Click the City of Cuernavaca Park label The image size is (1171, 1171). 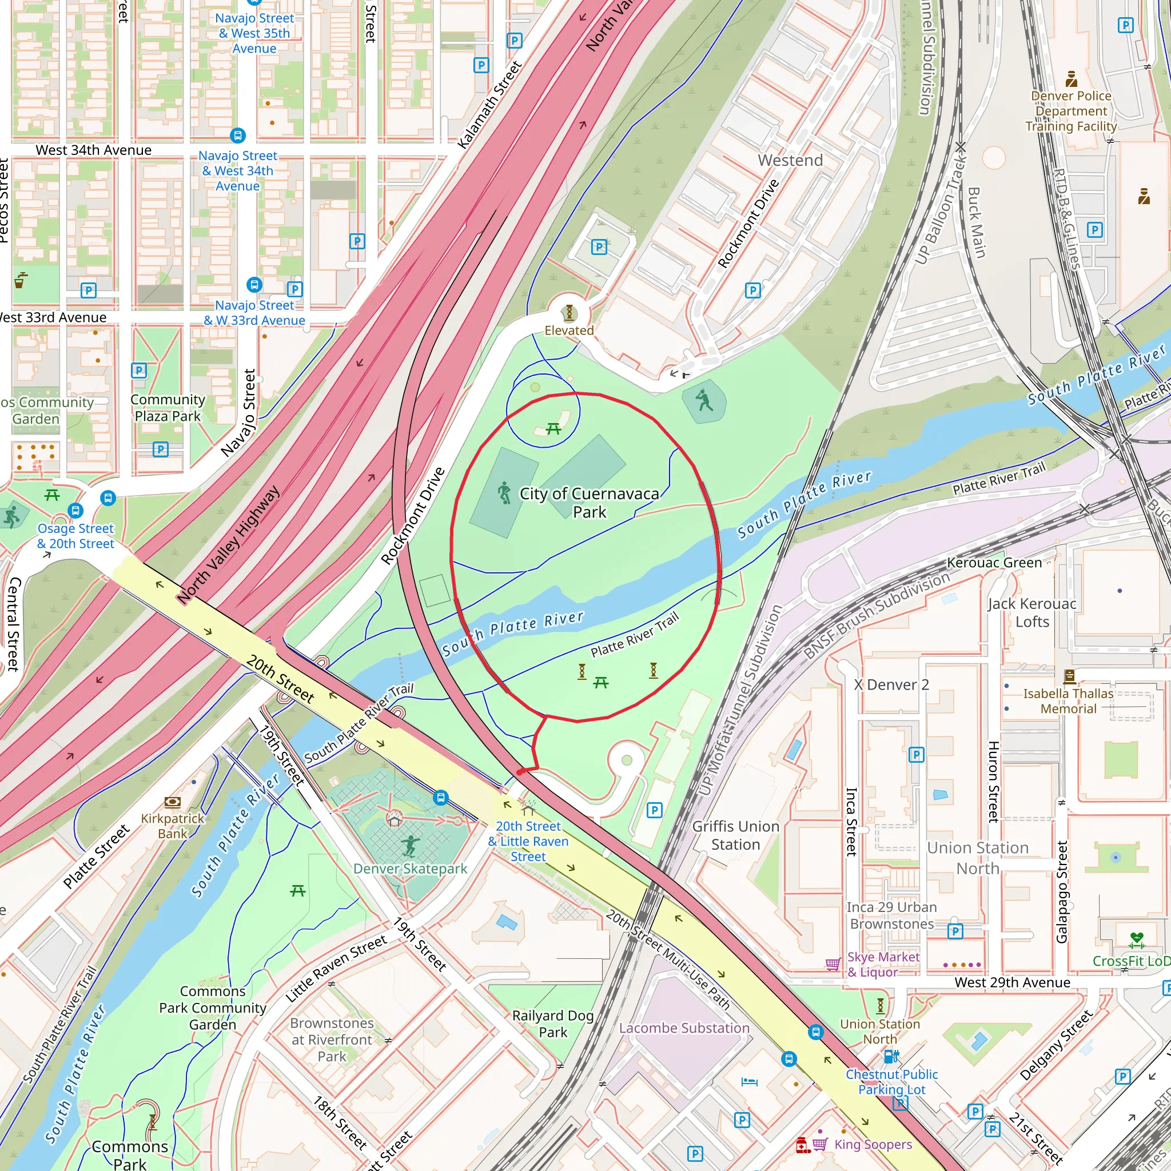coord(589,503)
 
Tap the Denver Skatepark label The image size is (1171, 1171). coord(411,869)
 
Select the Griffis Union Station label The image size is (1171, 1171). coord(735,835)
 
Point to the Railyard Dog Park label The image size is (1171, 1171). coord(553,1023)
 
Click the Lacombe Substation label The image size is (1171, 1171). coord(684,1028)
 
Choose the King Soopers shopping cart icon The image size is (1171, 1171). coord(819,1144)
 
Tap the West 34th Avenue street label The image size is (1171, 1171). coord(93,150)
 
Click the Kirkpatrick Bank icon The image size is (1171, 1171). coord(173,802)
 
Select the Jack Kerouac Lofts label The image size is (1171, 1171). coord(1031,612)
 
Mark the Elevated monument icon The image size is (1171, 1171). coord(568,313)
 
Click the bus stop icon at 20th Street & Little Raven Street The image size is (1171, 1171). coord(441,798)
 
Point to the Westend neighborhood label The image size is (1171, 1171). coord(790,160)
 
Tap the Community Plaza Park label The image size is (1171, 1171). coord(168,407)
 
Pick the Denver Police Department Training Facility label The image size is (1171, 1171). coord(1071,111)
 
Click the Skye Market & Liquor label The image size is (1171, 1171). coord(882,965)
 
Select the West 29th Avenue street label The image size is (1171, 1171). coord(1012,982)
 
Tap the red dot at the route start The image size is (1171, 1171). coord(519,772)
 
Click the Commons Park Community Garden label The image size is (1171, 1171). coord(213,1007)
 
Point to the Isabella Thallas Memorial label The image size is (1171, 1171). coord(1068,700)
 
